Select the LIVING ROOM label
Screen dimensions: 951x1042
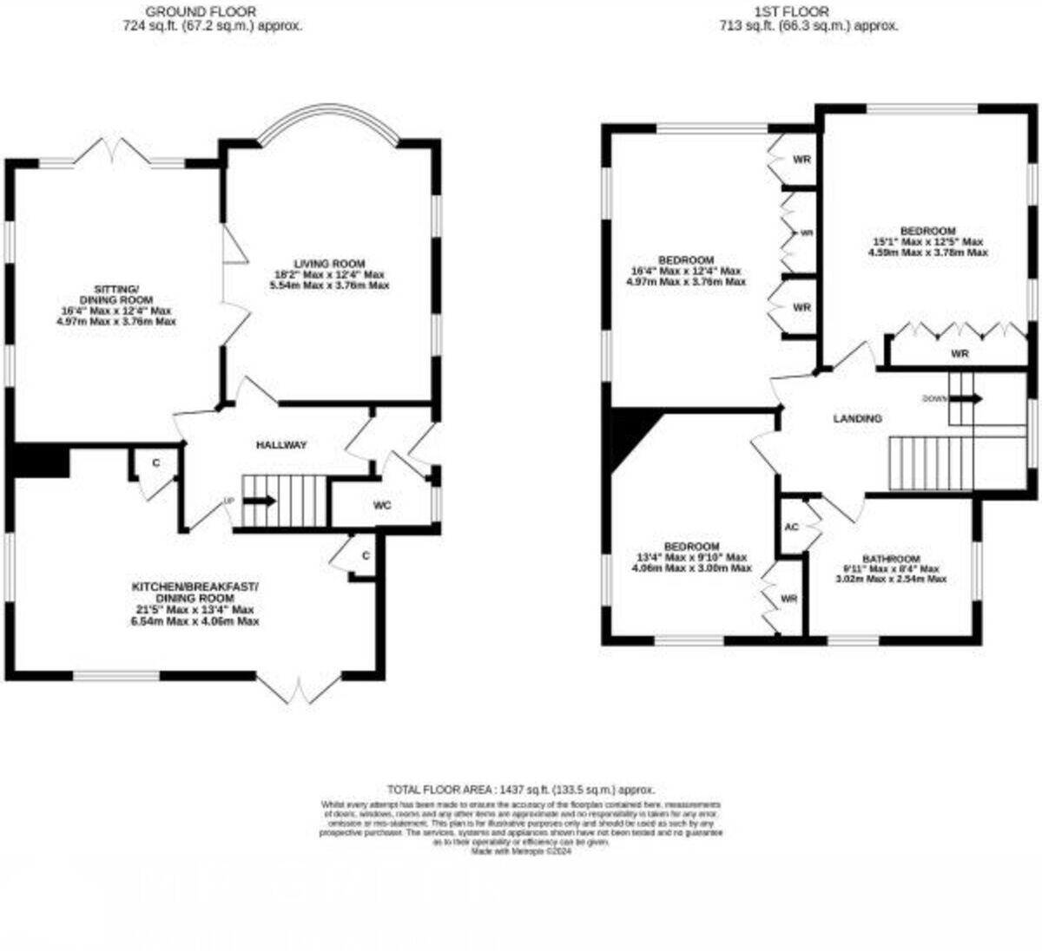[328, 264]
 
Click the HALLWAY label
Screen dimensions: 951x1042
[281, 445]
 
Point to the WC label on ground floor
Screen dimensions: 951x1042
[382, 504]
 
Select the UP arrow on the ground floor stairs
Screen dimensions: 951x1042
[260, 501]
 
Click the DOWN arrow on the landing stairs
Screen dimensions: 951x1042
[965, 399]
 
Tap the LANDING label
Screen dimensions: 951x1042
[857, 418]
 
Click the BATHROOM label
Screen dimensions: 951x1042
[891, 558]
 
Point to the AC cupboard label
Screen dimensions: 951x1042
[791, 527]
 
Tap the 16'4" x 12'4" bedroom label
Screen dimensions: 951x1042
[686, 260]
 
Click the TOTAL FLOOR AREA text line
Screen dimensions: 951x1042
[521, 790]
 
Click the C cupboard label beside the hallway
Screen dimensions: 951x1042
[156, 463]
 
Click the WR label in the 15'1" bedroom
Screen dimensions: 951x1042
[959, 354]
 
